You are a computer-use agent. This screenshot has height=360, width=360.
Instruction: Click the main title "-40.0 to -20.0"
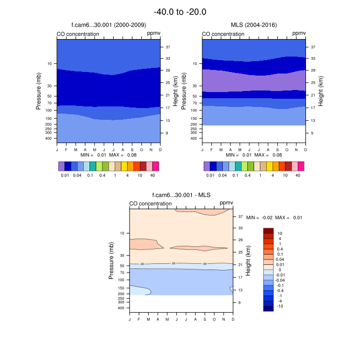pos(180,11)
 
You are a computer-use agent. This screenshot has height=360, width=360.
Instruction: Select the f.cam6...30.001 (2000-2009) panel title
pos(109,25)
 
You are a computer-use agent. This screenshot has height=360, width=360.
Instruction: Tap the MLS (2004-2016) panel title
pos(254,25)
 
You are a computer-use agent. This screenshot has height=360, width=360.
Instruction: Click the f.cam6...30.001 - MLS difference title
pos(181,195)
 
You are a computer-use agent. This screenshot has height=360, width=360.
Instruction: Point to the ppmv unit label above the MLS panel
pos(299,34)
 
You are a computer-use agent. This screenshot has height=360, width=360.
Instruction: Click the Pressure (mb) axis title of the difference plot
pos(111,261)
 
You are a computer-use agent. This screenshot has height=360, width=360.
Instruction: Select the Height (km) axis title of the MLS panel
pos(320,92)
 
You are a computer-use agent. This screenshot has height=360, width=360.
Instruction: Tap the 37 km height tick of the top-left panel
pos(168,47)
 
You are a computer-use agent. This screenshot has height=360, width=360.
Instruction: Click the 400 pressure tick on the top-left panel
pos(49,138)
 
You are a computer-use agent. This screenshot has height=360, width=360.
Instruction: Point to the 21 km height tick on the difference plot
pos(240,265)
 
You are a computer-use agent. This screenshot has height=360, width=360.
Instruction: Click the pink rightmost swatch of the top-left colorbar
pos(155,166)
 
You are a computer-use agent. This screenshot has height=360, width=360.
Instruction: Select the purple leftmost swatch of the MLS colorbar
pos(207,166)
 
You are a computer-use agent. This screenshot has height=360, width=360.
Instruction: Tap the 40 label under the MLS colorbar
pos(298,175)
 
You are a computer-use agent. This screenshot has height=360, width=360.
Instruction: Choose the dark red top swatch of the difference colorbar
pos(268,230)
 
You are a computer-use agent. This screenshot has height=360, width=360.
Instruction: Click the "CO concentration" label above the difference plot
pos(150,204)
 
